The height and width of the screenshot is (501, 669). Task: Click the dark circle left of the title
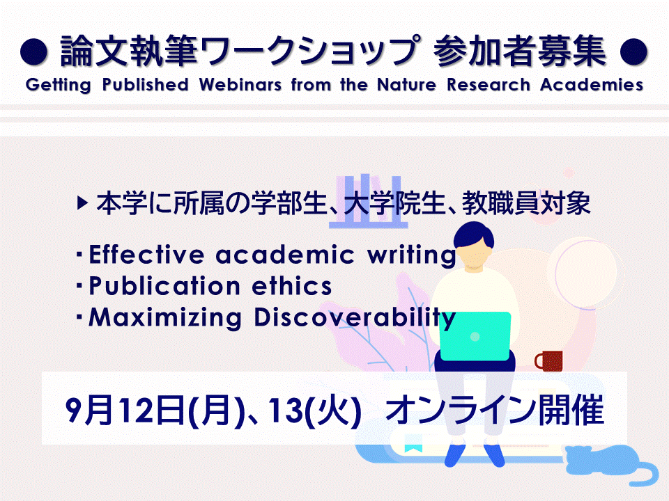(x=33, y=52)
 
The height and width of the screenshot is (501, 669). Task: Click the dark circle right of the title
(x=633, y=52)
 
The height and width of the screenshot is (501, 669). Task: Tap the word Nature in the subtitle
(x=406, y=85)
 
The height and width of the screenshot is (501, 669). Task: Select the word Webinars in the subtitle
(x=240, y=85)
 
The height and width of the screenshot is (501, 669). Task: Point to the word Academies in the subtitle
(x=592, y=85)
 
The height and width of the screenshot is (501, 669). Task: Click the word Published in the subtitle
(x=145, y=85)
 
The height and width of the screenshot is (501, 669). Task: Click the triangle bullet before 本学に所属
(x=83, y=202)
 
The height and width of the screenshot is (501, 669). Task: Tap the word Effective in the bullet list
(x=147, y=255)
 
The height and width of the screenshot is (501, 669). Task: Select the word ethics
(x=292, y=286)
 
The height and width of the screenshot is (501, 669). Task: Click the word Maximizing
(x=165, y=319)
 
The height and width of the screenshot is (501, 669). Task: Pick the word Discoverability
(x=355, y=319)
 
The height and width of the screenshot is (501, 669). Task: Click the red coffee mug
(x=548, y=360)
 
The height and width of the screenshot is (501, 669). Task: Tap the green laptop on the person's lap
(x=475, y=337)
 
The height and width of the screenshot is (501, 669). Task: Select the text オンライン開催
(x=495, y=410)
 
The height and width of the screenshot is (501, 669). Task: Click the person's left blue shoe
(x=454, y=455)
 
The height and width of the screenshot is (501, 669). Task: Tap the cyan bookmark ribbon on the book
(x=413, y=443)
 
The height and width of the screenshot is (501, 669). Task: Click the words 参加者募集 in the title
(x=520, y=51)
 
